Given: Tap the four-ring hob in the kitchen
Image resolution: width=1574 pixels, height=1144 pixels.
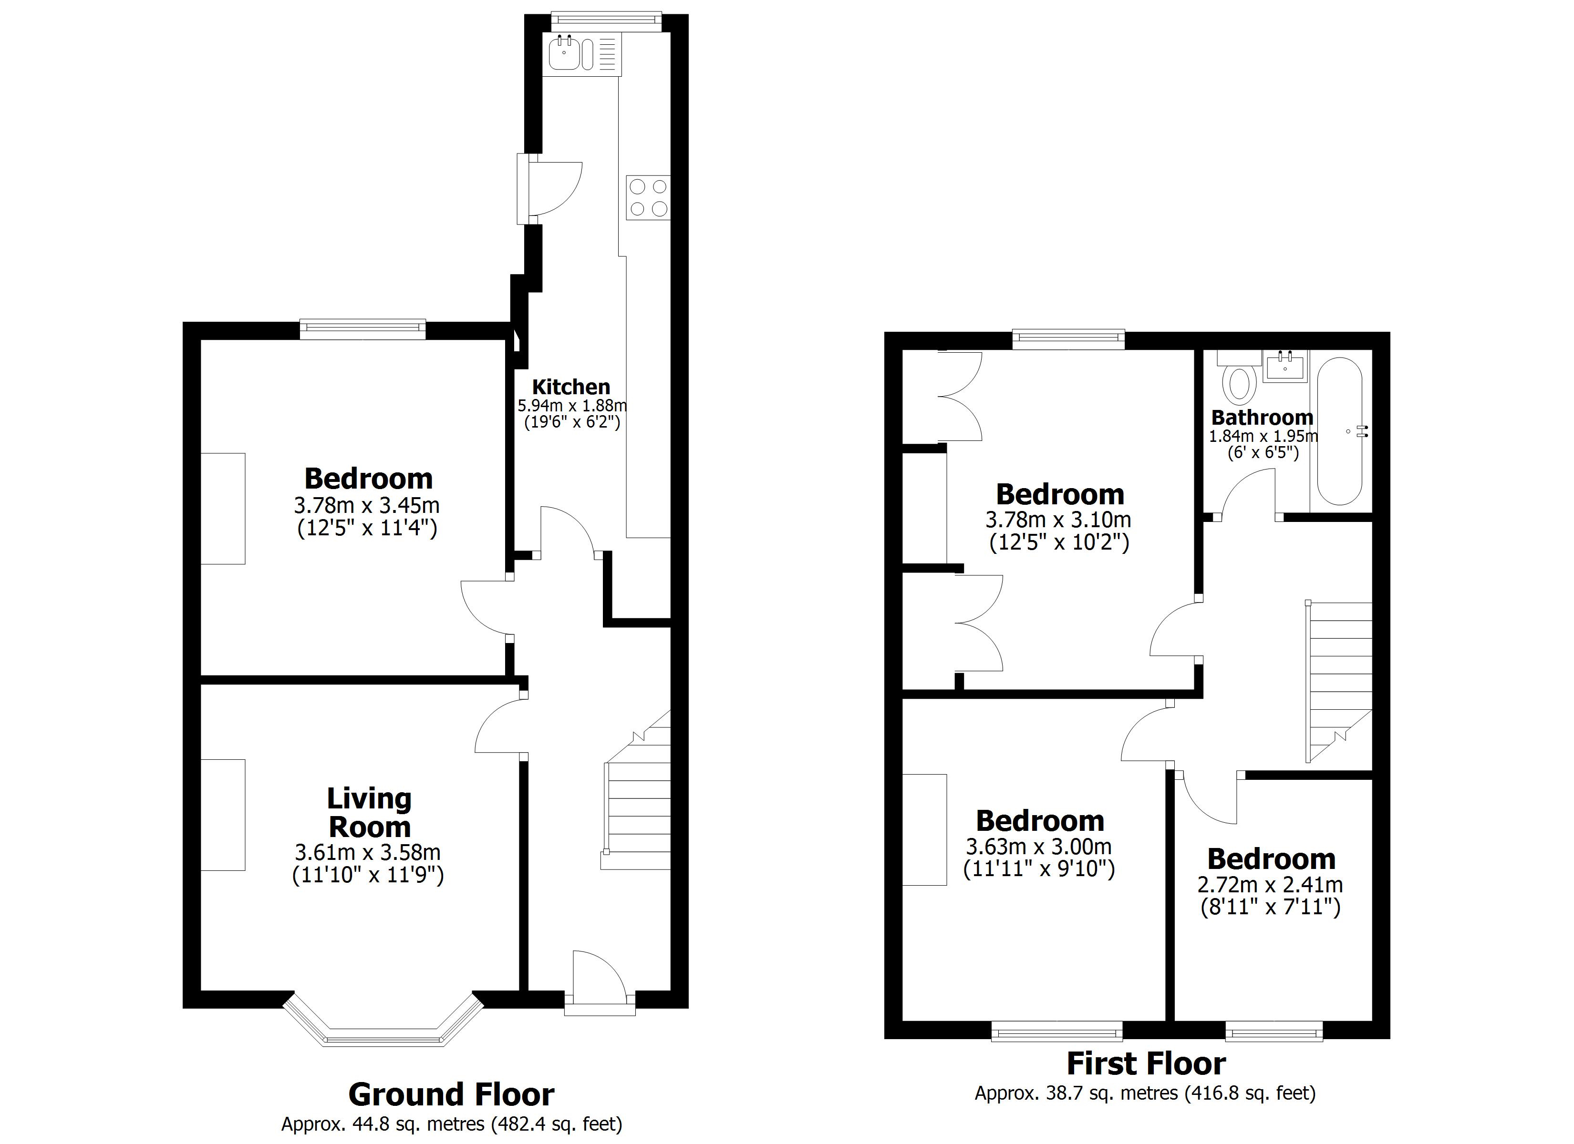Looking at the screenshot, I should [648, 198].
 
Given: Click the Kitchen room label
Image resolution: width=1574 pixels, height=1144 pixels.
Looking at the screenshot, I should [570, 387].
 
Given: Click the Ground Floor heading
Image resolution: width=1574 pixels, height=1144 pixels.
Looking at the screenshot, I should [451, 1095].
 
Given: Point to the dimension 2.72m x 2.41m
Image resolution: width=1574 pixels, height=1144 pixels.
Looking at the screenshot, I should [1270, 885].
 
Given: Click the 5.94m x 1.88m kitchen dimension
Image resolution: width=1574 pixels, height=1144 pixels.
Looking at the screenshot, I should [572, 405].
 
